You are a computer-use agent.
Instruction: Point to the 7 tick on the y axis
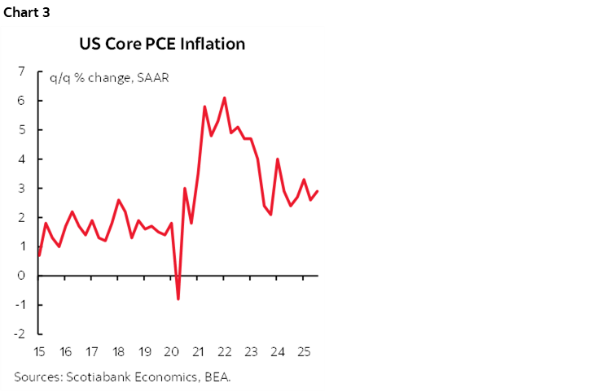20,72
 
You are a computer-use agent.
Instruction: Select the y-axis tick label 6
20,101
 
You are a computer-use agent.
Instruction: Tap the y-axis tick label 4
20,159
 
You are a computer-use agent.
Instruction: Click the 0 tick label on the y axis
20,276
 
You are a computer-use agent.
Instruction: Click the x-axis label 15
39,352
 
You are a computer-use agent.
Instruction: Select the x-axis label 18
118,352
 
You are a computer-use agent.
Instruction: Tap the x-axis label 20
171,352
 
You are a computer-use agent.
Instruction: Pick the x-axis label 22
224,352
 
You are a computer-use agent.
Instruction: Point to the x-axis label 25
303,352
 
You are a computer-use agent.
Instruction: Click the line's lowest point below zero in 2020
178,299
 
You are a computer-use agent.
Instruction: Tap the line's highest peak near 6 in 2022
224,98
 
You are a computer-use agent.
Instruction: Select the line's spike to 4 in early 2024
278,159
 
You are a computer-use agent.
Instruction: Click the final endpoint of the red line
317,191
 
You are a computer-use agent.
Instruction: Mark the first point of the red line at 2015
40,255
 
